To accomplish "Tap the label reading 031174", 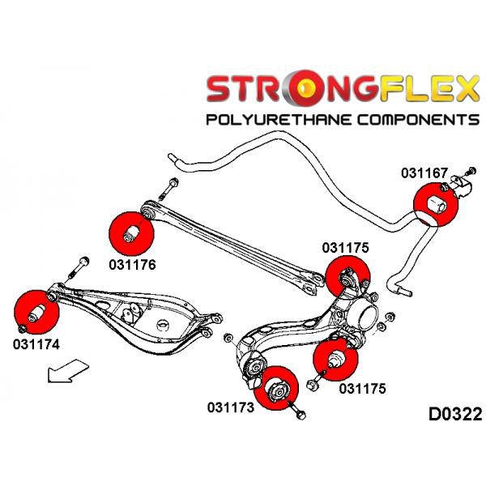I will pos(36,343).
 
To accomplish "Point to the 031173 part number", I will pos(230,407).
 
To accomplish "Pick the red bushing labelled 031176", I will pos(131,232).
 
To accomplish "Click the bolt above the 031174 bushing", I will pos(83,265).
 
